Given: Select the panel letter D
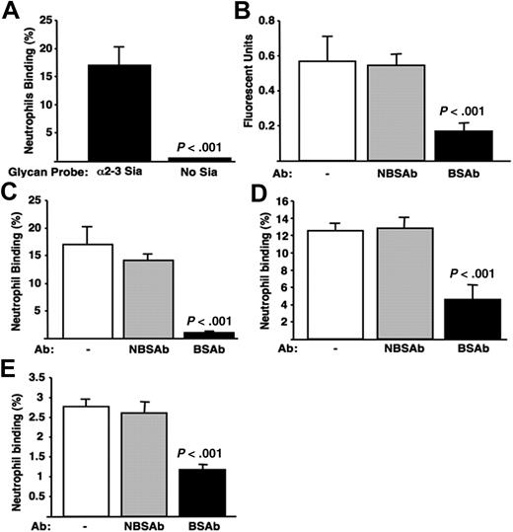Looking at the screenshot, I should pos(264,190).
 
